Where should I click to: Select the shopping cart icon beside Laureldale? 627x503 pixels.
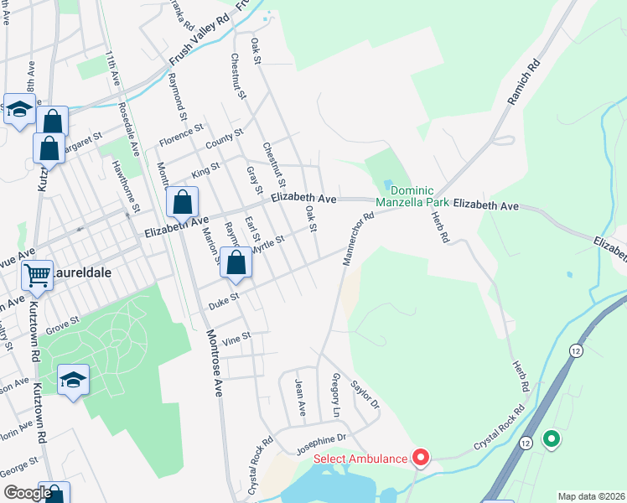click(37, 274)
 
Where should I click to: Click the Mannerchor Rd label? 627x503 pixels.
click(356, 239)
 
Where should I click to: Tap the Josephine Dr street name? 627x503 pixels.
click(319, 439)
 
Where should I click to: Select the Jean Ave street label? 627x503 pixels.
click(300, 397)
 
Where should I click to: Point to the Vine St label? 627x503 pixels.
click(236, 337)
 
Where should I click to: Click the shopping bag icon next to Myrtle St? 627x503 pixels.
click(237, 262)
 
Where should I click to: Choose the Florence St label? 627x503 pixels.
click(182, 135)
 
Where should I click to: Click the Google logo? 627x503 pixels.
click(27, 493)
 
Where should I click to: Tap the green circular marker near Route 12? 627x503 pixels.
click(551, 438)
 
